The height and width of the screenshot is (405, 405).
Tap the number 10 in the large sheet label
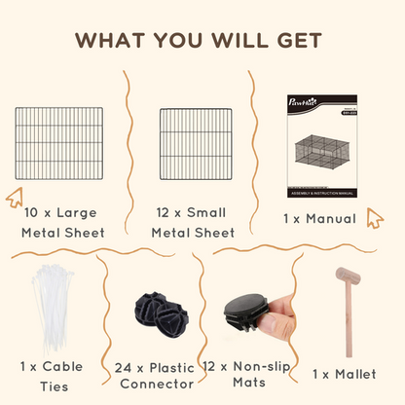(33, 210)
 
